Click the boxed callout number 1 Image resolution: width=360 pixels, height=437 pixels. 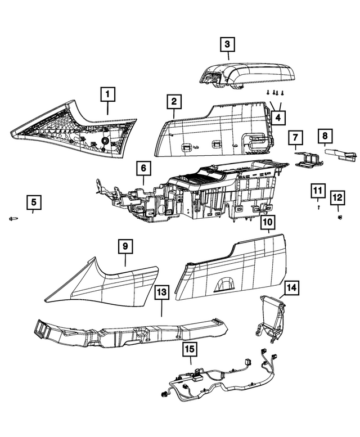[108, 94]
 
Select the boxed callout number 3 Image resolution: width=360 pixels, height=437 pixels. [227, 44]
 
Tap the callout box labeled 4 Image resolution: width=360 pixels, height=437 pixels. [278, 118]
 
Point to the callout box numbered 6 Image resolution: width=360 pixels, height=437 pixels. [143, 168]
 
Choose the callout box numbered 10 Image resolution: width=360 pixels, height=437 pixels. [268, 222]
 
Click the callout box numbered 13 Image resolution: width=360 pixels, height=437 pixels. [162, 292]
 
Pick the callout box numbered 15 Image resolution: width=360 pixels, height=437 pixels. [190, 349]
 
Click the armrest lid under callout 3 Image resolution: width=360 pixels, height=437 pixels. [247, 75]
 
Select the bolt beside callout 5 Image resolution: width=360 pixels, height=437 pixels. [13, 219]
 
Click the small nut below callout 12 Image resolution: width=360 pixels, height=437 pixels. [340, 217]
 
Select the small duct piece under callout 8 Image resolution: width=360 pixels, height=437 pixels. [340, 155]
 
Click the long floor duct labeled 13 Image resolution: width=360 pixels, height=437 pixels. [130, 332]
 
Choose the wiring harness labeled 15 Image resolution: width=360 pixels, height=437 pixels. [218, 375]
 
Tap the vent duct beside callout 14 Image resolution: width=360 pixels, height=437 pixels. [271, 318]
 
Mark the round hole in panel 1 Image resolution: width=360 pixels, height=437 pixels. [106, 141]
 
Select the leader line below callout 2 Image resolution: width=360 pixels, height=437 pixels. [174, 113]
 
